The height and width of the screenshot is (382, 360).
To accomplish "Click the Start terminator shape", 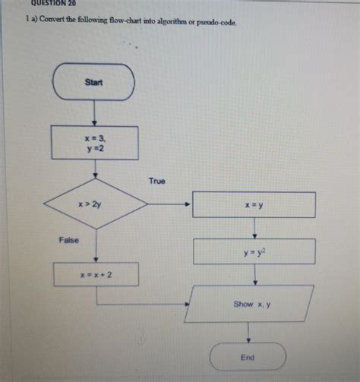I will click(x=94, y=82).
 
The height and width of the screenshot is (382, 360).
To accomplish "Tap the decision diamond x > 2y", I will click(x=96, y=204).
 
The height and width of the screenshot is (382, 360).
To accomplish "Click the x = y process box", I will click(x=254, y=205).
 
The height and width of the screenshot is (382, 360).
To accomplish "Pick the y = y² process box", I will click(x=254, y=251).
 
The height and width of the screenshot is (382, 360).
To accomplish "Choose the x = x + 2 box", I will click(x=96, y=274).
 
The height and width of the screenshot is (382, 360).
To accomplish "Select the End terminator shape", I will click(x=248, y=356).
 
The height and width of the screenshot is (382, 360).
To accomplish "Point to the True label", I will click(x=156, y=182).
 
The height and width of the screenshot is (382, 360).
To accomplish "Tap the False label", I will click(x=68, y=240).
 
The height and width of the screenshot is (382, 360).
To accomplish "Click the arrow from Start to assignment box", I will click(x=94, y=113).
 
